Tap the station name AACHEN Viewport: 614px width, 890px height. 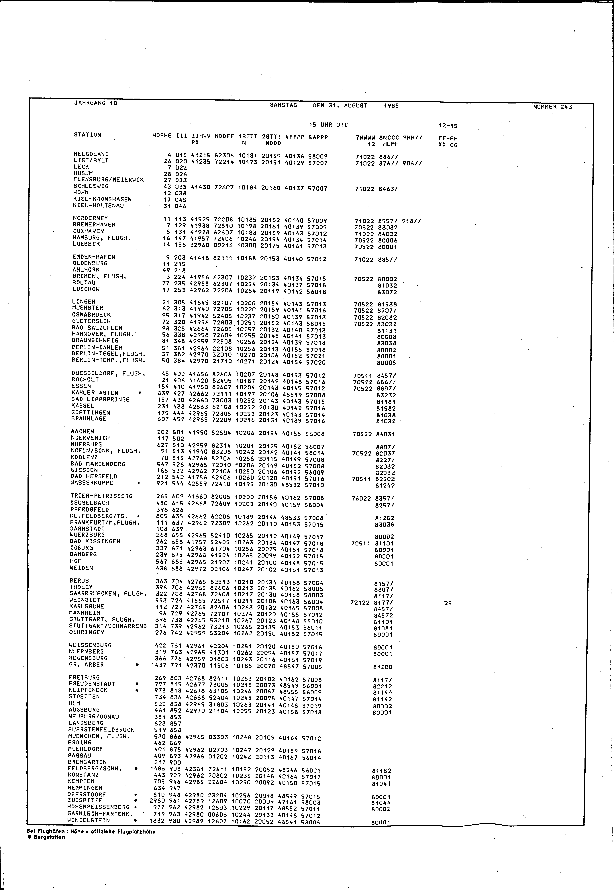pos(82,431)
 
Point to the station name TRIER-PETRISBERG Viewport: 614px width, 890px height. pos(101,496)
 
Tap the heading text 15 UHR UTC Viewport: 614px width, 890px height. pos(328,125)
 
